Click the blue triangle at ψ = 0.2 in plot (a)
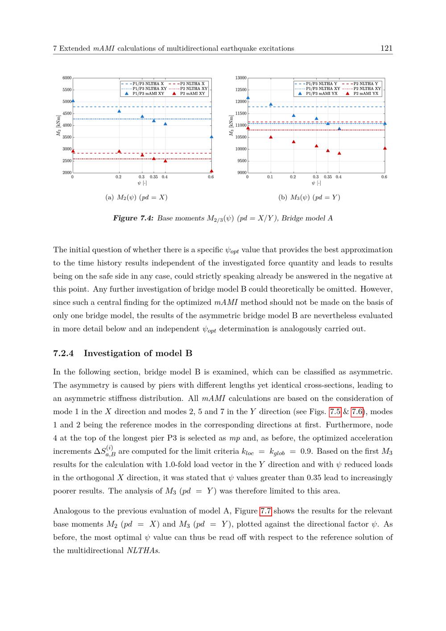pos(119,111)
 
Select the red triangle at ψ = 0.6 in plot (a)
pos(211,171)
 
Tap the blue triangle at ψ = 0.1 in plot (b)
pos(271,104)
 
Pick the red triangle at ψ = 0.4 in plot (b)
pos(339,154)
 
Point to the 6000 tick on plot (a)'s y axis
pos(67,78)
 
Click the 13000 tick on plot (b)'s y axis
pos(241,78)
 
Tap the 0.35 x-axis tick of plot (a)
pos(154,177)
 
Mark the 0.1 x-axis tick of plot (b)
pos(270,177)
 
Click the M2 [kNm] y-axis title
pos(58,125)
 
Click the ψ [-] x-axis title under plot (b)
pos(316,183)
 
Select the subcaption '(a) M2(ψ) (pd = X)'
pos(136,197)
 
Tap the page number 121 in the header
pos(387,49)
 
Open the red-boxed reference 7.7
pos(266,511)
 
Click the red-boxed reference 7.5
pos(335,412)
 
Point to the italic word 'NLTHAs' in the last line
pos(143,551)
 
